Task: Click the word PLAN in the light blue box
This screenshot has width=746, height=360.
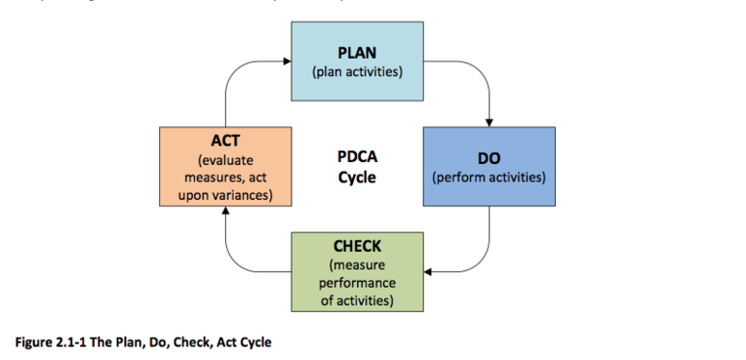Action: tap(357, 53)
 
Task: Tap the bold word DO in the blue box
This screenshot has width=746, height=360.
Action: tap(488, 159)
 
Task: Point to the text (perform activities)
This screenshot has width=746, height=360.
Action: tap(488, 178)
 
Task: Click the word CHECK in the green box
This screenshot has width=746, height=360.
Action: tap(357, 247)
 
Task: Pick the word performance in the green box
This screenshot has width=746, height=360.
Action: tap(357, 283)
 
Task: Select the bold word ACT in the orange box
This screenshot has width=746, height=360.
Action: tap(225, 142)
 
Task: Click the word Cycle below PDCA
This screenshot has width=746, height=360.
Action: tap(356, 178)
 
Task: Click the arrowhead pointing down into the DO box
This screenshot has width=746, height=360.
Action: tap(488, 121)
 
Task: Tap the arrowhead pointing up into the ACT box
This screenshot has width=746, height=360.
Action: tap(225, 211)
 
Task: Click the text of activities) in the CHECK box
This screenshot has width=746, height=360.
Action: tap(357, 300)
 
